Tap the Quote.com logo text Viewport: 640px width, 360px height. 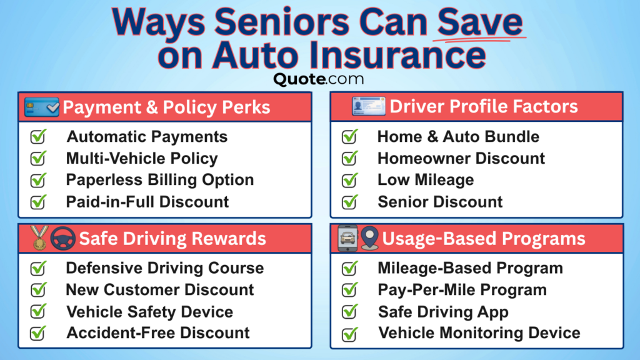point(318,79)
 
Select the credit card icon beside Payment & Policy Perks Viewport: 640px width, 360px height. point(42,107)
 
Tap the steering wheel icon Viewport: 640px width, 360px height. point(62,238)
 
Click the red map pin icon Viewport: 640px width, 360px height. point(369,238)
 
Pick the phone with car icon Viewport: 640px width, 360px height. point(347,238)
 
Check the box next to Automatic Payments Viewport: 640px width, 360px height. point(39,136)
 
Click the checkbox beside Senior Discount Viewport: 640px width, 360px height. point(349,202)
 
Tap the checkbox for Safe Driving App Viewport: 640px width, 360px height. point(349,312)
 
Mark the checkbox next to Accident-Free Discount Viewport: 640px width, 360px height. point(39,333)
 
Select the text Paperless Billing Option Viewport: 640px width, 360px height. point(160,180)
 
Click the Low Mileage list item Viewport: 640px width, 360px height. point(425,180)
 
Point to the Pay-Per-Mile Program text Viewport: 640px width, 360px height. point(462,290)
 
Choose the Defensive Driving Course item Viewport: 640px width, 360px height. point(165,268)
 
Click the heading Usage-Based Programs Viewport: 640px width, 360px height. point(484,238)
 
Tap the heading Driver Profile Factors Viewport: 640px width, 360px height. point(484,106)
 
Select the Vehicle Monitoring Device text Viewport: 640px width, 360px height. point(479,333)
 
